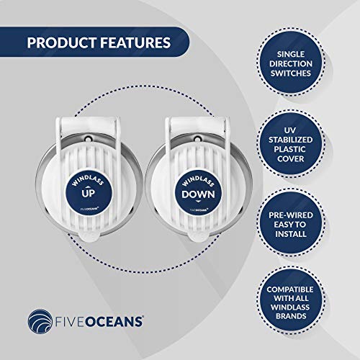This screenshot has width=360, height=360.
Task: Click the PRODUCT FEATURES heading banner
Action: coord(94,42)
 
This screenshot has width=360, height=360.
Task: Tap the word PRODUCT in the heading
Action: coord(52,42)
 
